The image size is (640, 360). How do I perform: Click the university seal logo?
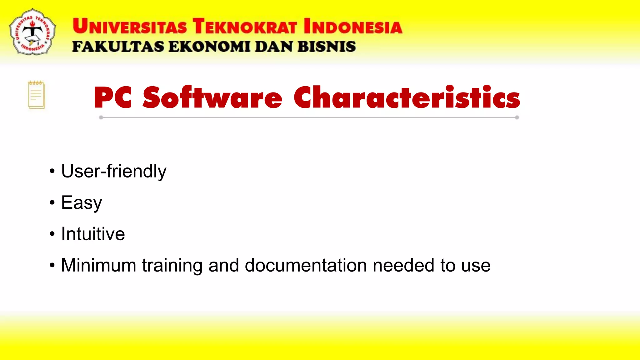coord(32,32)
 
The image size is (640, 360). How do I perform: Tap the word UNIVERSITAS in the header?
coord(130,26)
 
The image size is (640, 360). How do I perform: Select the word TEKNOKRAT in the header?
coord(245,26)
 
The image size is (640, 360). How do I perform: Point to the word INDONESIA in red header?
coord(353,26)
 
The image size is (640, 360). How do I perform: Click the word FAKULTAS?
coord(118,47)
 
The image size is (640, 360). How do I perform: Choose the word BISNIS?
coord(327,47)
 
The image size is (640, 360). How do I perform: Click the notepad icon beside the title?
coord(36,95)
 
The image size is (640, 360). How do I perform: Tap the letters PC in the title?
coord(113,98)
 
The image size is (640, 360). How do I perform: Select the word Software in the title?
coord(212,98)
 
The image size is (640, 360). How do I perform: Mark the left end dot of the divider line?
coord(101,117)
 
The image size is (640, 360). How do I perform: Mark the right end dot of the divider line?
coord(517,117)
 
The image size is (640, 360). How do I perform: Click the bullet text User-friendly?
coord(114,171)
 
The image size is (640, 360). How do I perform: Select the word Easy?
coord(82,203)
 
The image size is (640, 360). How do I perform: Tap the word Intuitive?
coord(93,234)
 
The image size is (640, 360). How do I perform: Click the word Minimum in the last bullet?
coord(98,265)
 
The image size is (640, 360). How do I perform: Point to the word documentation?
coord(306,265)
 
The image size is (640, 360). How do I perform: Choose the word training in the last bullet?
coord(172,265)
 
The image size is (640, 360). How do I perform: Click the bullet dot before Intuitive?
coord(52,234)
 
